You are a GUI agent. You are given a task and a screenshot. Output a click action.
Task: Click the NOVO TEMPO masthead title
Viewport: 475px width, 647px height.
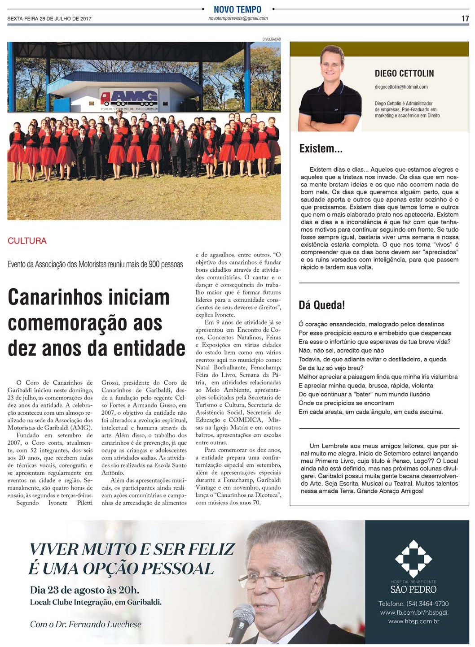pos(237,9)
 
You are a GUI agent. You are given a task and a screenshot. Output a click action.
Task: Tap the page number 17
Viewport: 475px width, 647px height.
pos(465,18)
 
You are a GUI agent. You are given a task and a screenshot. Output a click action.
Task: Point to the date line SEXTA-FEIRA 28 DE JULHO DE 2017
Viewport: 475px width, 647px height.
pos(49,19)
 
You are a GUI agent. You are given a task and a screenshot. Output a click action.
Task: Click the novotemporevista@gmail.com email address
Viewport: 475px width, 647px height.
pos(238,18)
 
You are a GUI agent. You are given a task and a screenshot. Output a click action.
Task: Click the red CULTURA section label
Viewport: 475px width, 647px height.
pos(27,241)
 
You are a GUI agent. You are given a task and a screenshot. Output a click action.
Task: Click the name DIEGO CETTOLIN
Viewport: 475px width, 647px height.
pos(404,74)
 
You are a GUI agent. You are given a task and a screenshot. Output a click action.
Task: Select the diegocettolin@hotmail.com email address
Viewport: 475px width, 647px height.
pos(401,87)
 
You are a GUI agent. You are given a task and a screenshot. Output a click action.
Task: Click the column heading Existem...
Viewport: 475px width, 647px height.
pos(321,149)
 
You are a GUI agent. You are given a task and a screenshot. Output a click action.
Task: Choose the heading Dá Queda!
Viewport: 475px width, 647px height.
pos(321,305)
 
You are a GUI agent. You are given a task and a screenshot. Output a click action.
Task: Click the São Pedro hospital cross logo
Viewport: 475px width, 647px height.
pos(413,559)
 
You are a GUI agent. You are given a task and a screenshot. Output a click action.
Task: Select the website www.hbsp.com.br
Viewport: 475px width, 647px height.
pos(413,621)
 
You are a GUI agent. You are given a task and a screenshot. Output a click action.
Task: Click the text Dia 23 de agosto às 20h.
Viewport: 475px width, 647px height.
pos(84,590)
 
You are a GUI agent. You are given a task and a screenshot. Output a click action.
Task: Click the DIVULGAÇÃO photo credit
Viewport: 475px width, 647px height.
pos(271,39)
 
